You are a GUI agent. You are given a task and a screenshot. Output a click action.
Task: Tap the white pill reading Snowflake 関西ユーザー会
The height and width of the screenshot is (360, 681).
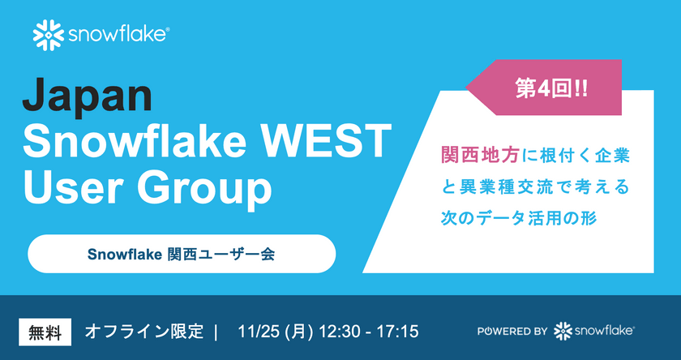[x=182, y=254]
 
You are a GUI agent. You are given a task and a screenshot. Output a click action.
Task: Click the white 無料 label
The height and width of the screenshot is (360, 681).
[x=45, y=332]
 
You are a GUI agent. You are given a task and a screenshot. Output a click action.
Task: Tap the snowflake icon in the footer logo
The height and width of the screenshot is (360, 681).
[x=562, y=331]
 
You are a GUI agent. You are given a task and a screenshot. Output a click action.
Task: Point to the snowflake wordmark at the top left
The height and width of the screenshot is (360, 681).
[x=118, y=34]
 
